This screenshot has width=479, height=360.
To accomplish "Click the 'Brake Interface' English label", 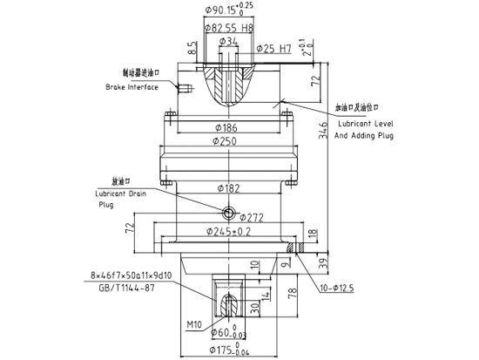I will pyautogui.click(x=131, y=88).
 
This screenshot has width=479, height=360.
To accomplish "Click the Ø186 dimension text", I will pyautogui.click(x=229, y=127).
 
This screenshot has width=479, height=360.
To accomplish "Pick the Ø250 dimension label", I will pyautogui.click(x=229, y=141).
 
